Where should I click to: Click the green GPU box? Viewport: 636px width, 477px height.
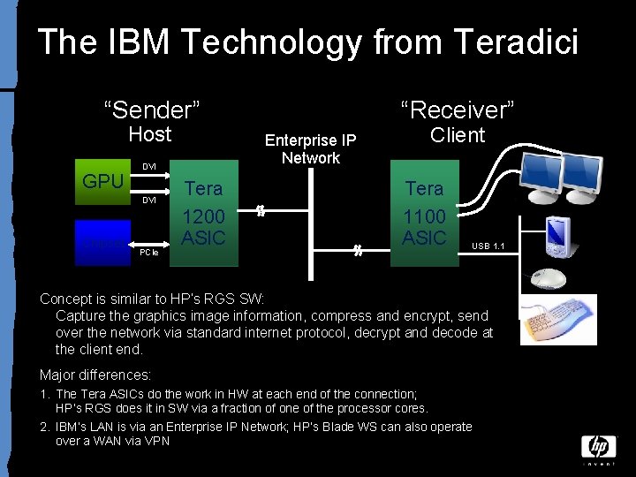point(102,186)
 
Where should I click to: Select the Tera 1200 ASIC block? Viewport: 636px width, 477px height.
point(204,213)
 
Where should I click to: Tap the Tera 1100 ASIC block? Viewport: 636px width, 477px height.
point(424,213)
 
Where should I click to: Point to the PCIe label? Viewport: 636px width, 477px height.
point(149,253)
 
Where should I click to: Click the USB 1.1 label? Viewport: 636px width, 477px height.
point(488,246)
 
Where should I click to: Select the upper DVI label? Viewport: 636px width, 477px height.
point(149,166)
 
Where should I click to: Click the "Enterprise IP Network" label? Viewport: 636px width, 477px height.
point(311,149)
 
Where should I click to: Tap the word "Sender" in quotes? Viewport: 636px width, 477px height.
point(152,110)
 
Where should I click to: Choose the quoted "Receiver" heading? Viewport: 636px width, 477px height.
point(458,110)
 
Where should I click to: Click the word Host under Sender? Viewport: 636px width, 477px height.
point(150,134)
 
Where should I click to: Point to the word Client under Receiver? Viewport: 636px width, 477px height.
point(458,135)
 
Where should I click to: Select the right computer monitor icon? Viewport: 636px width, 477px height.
point(580,175)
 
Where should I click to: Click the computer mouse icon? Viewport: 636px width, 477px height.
point(548,280)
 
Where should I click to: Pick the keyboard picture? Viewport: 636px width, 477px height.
point(557,320)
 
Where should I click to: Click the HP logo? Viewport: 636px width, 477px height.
point(598,447)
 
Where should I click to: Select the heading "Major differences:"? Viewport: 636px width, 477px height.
point(95,375)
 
